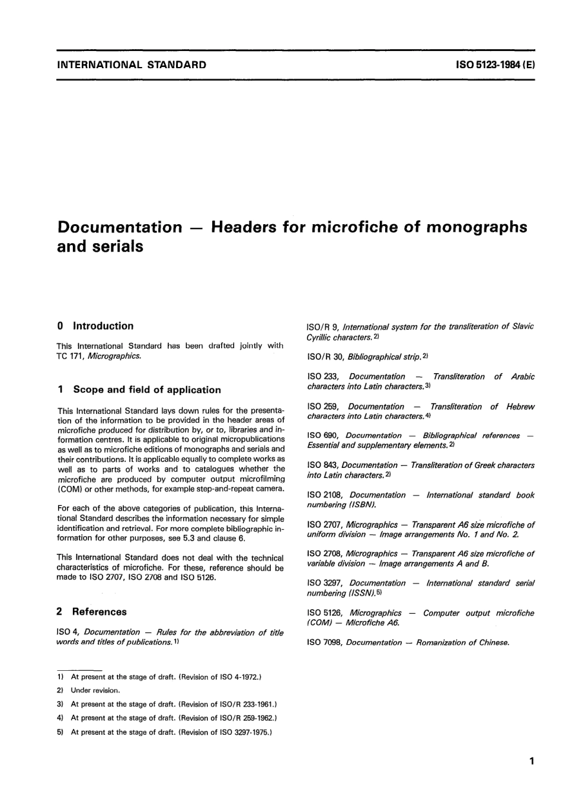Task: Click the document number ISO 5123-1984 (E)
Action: [x=495, y=65]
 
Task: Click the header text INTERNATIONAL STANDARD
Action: [x=132, y=65]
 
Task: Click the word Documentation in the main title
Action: [x=119, y=227]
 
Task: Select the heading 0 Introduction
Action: [x=95, y=326]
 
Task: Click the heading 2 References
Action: [x=92, y=611]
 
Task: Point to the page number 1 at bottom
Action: [x=532, y=761]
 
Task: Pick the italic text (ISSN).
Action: [x=360, y=593]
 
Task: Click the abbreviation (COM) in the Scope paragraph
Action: [x=69, y=489]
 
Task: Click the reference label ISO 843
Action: [x=322, y=465]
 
